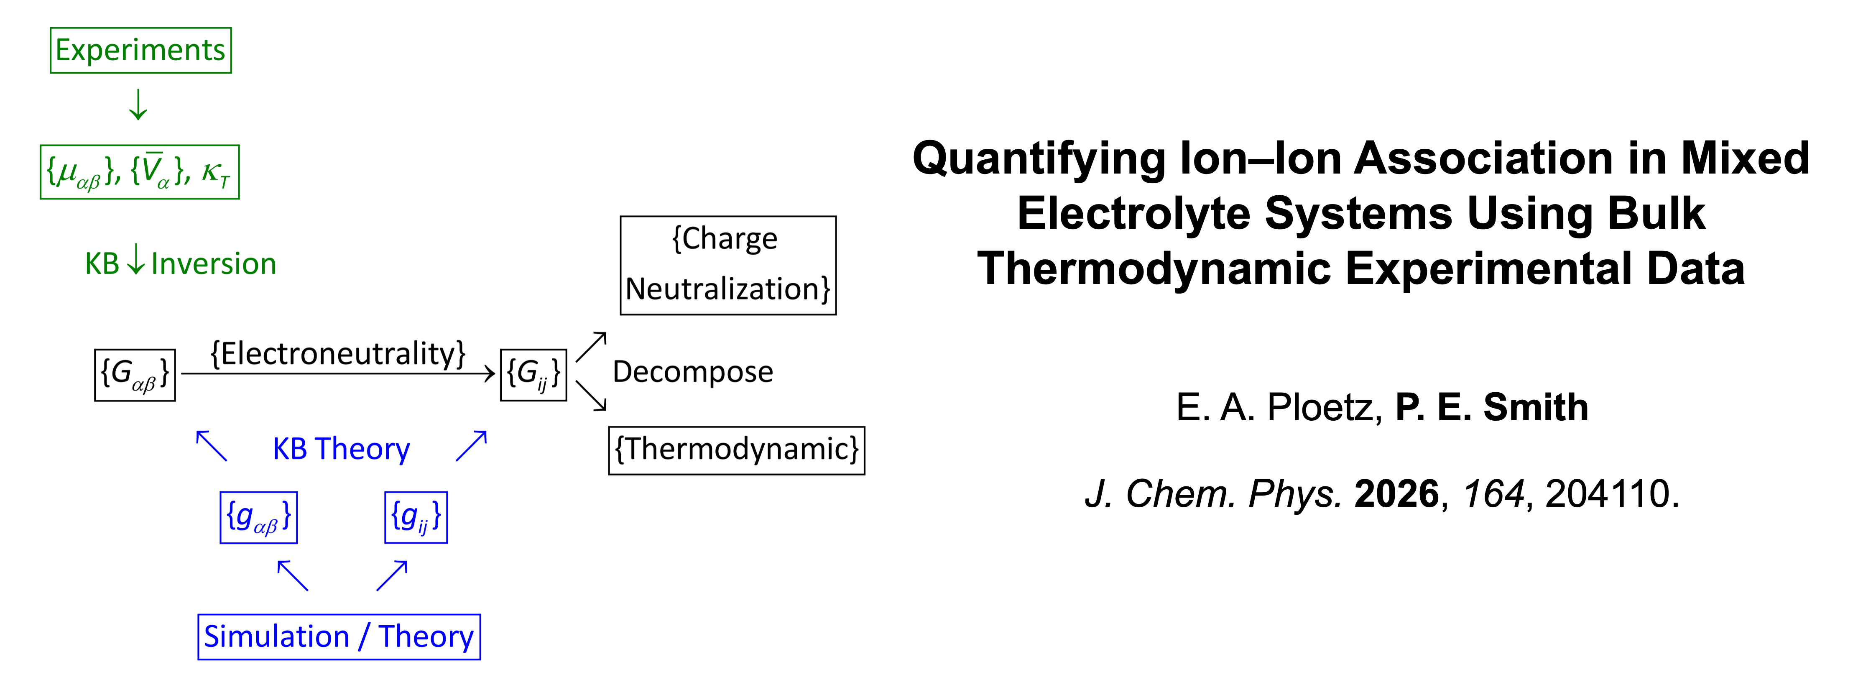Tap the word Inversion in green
tap(214, 264)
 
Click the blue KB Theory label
tap(341, 449)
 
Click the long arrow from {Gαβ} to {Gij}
tap(338, 373)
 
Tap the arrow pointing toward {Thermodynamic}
tap(591, 396)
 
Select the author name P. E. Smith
tap(1492, 407)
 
